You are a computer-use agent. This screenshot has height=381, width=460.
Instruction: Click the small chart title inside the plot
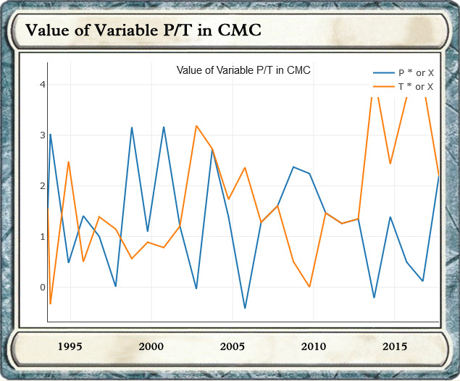[x=243, y=70]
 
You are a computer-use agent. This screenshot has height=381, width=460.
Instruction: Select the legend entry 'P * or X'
[x=416, y=73]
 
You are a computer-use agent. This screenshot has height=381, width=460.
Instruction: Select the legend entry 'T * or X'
[x=416, y=87]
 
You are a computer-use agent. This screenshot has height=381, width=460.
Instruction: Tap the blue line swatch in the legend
[x=382, y=73]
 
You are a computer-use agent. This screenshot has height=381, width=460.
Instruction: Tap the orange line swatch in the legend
[x=382, y=87]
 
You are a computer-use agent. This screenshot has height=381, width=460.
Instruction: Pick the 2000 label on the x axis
[x=151, y=346]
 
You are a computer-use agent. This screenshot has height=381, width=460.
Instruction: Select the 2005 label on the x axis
[x=231, y=346]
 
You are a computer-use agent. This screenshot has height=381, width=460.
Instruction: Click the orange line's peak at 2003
[x=196, y=126]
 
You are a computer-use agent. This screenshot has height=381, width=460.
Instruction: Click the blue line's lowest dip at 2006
[x=245, y=309]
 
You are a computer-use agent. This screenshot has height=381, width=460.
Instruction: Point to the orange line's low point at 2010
[x=309, y=287]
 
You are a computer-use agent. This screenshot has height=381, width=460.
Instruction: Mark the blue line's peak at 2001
[x=164, y=127]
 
